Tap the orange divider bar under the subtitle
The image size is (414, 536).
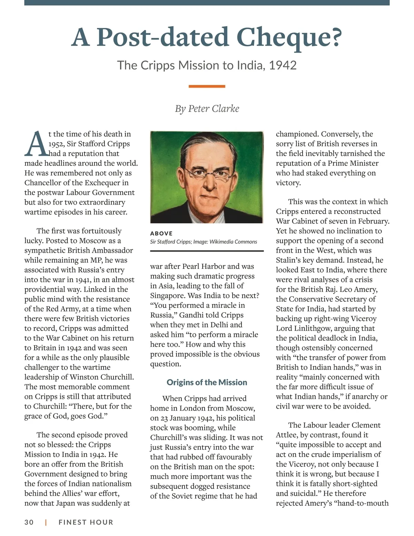click(x=207, y=86)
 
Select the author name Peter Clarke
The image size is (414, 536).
click(x=214, y=109)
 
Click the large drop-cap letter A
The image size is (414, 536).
click(x=36, y=144)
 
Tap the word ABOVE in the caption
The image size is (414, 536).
click(x=161, y=233)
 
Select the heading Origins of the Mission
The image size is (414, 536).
click(x=207, y=382)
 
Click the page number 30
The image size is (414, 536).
click(x=29, y=522)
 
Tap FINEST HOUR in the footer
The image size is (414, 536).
click(x=86, y=522)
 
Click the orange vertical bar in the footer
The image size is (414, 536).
click(x=46, y=522)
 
